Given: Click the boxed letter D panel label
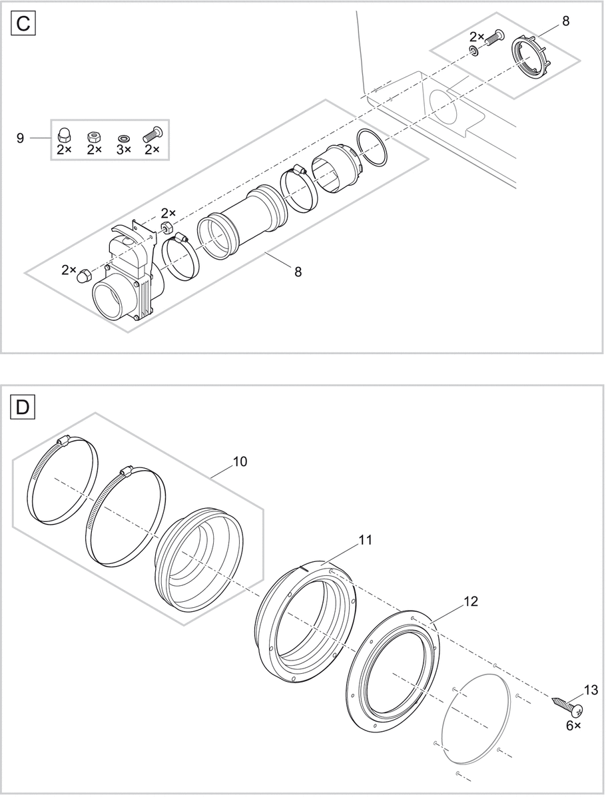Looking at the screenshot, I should [x=22, y=407].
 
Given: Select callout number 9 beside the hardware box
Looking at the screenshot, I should [x=21, y=138].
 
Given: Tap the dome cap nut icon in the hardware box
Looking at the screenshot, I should [x=64, y=135].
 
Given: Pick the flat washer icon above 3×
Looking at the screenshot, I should [x=124, y=138].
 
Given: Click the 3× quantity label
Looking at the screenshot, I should [x=123, y=150].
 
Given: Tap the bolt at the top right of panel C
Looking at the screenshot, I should [x=491, y=38].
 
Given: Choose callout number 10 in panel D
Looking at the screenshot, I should [x=240, y=461].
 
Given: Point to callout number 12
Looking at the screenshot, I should [x=469, y=600].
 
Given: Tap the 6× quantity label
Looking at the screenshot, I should [x=573, y=725].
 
